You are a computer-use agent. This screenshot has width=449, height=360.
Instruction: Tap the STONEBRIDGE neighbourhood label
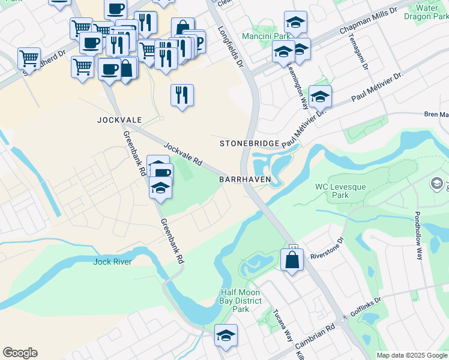click(x=249, y=143)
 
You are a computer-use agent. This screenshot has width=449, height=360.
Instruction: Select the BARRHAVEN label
click(x=246, y=179)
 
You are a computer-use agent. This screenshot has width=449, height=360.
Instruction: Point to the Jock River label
click(x=112, y=262)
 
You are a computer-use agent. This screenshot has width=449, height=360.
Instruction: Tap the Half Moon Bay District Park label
click(x=240, y=301)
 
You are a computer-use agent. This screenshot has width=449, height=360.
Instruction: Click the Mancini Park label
click(x=262, y=36)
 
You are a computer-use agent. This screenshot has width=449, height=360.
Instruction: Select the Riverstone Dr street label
click(x=327, y=248)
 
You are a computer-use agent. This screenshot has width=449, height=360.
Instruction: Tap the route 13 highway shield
click(x=293, y=248)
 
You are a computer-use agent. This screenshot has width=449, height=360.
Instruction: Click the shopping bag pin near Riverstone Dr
click(x=292, y=260)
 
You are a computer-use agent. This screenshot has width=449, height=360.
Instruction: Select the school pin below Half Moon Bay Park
click(x=226, y=336)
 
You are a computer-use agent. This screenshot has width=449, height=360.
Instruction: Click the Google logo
click(x=20, y=353)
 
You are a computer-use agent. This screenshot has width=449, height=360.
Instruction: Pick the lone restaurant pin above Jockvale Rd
click(x=182, y=95)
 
